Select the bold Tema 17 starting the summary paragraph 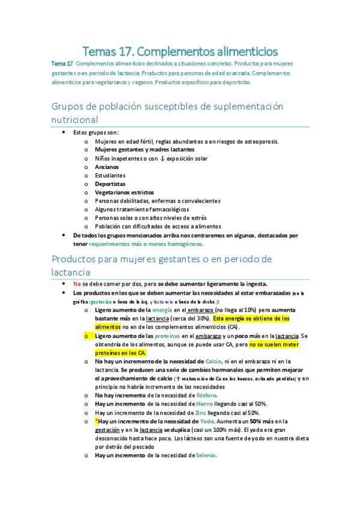62,64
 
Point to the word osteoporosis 261,142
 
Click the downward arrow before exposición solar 155,159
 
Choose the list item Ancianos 106,167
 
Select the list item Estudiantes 110,176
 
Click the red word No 76,284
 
